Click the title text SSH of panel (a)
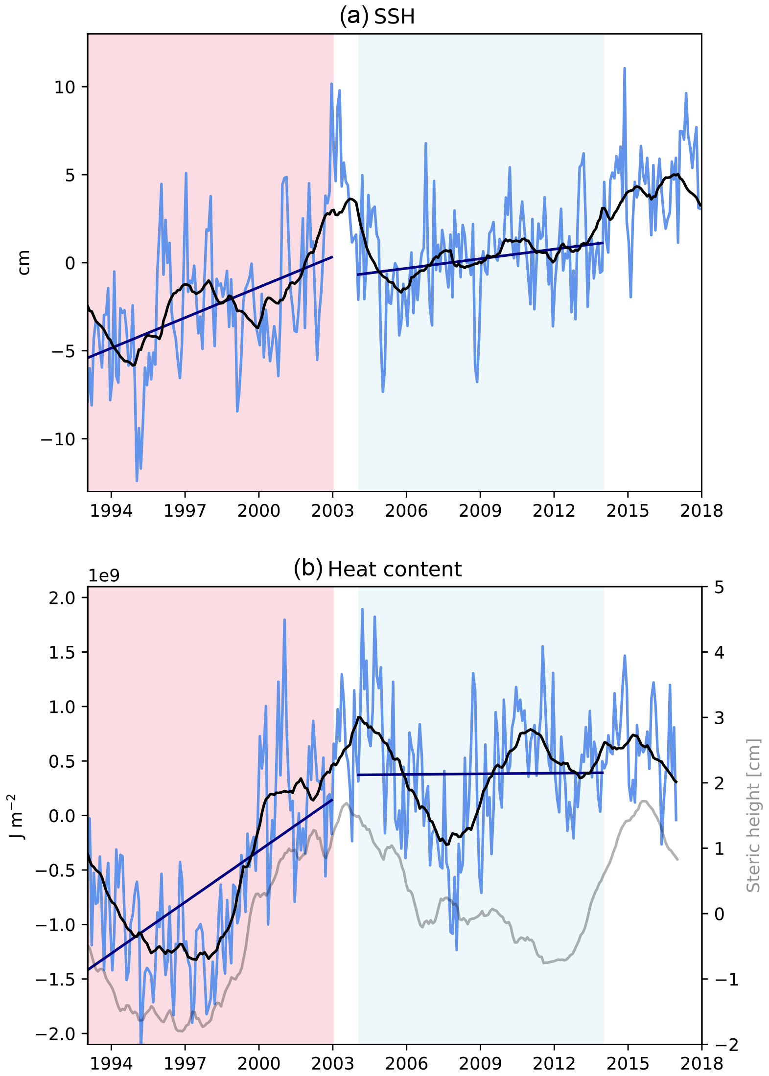point(395,17)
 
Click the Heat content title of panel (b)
point(395,570)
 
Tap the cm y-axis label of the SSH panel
point(23,263)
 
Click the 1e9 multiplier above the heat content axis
point(104,576)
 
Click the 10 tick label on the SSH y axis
point(65,88)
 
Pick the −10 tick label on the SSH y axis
point(58,439)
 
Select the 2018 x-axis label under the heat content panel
point(701,1064)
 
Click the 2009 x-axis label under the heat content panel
point(480,1064)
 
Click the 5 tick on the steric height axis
point(719,587)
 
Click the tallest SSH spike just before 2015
point(625,69)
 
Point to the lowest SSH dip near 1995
point(137,481)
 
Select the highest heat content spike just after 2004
point(362,610)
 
